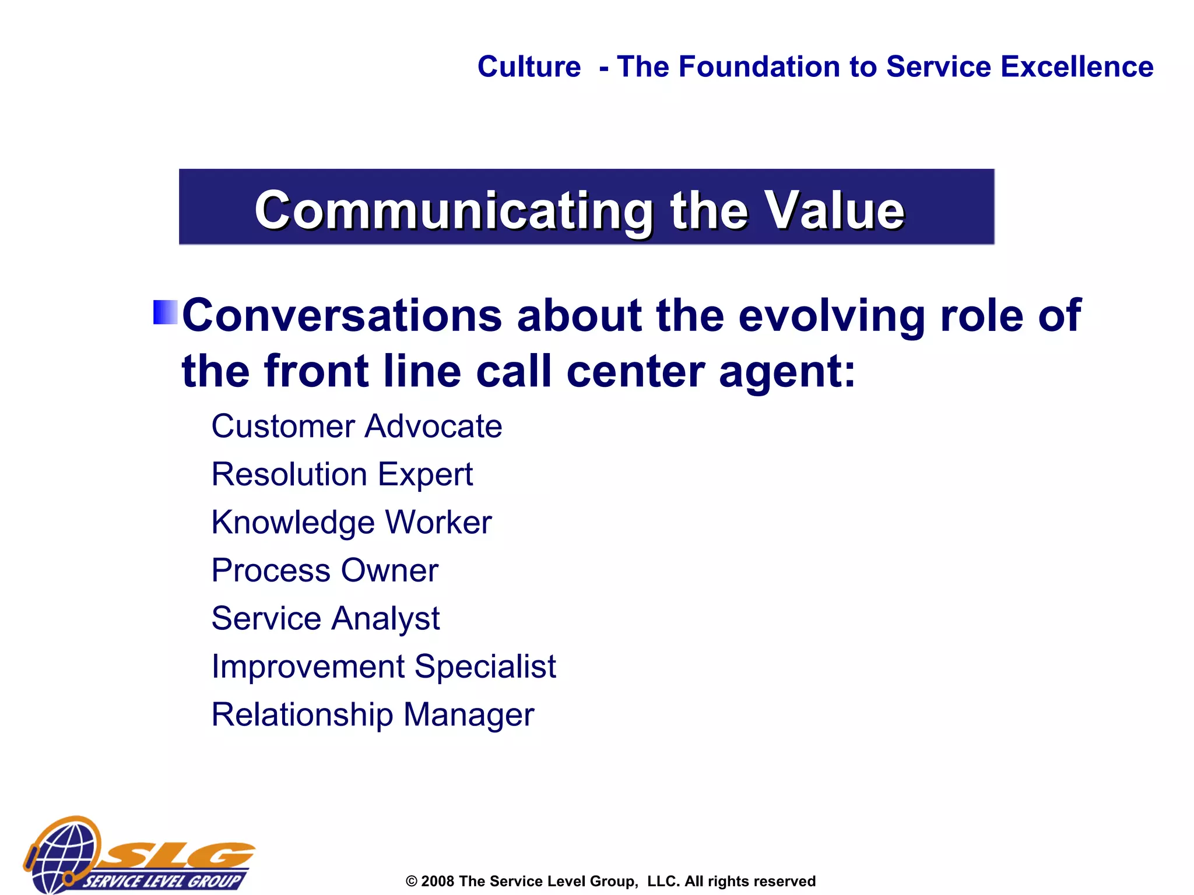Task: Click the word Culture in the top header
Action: coord(529,66)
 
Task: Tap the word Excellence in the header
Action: coord(1077,66)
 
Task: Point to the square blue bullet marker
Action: coord(165,312)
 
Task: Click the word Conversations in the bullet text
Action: coord(342,315)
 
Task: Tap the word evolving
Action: coord(832,315)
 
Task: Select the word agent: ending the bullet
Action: coord(787,371)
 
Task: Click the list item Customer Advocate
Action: coord(356,426)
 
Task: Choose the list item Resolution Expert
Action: coord(342,474)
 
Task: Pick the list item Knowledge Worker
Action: coord(351,522)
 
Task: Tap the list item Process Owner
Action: coord(325,570)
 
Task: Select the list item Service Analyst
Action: coord(325,618)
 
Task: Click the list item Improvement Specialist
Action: coord(383,666)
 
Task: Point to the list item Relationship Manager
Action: coord(372,714)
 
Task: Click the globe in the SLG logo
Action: coord(64,854)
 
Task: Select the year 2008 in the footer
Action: coord(437,881)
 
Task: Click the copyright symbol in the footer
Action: coord(412,882)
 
